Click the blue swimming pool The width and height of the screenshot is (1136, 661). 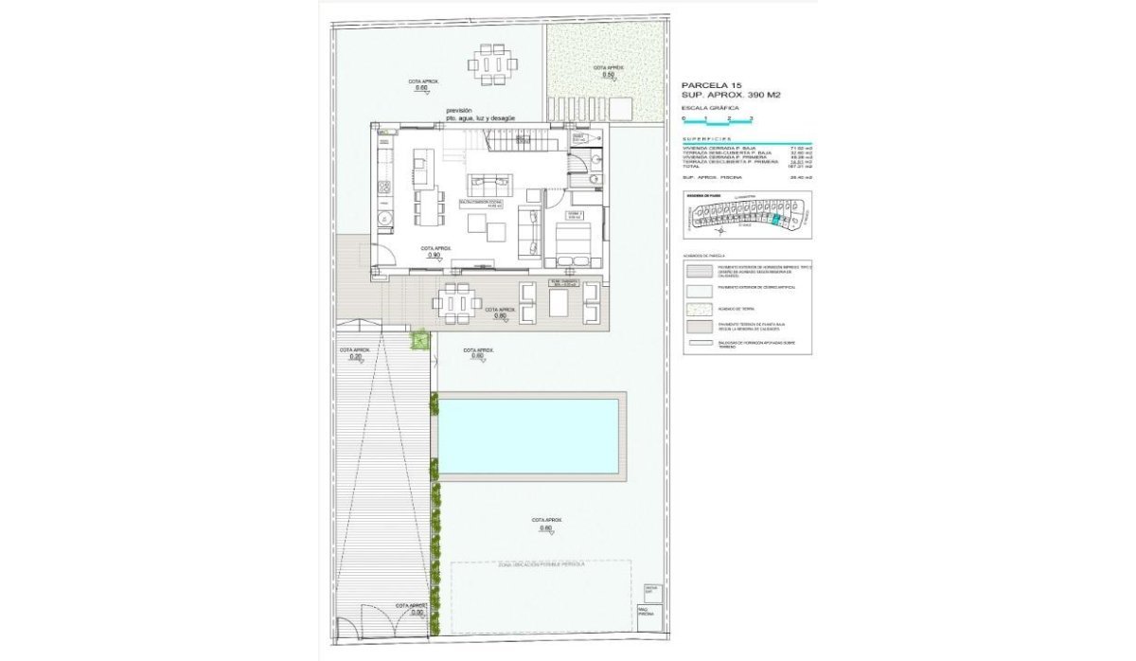[x=528, y=435]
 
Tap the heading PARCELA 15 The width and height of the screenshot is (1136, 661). [x=711, y=85]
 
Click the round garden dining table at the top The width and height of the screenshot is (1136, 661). [x=491, y=65]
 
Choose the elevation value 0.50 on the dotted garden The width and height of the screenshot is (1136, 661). [x=596, y=75]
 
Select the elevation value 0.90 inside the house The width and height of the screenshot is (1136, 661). [x=434, y=255]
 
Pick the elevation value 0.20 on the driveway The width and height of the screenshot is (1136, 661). [x=356, y=358]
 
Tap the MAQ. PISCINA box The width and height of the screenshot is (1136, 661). [x=648, y=612]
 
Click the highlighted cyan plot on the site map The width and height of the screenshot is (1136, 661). [x=777, y=220]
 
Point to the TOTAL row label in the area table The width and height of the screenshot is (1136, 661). [x=692, y=166]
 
